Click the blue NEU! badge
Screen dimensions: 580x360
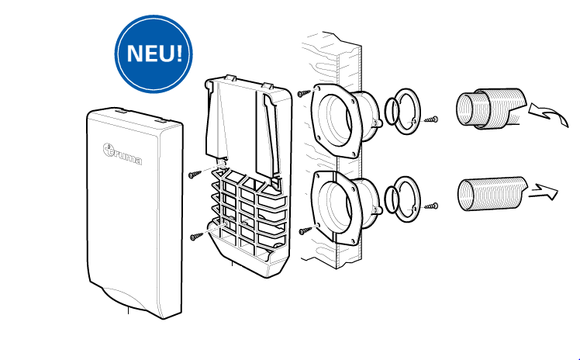click(x=154, y=54)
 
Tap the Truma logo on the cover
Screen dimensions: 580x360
click(x=122, y=154)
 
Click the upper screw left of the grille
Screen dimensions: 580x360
click(x=195, y=175)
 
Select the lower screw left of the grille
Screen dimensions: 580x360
click(x=196, y=236)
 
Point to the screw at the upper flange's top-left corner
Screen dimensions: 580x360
click(x=304, y=93)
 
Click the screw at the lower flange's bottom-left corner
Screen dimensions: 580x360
click(x=306, y=230)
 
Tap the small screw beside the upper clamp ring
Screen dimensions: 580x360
click(x=431, y=120)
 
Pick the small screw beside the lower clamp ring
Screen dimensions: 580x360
click(x=431, y=206)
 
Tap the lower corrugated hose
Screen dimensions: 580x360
click(x=492, y=194)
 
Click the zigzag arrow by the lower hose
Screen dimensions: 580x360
click(x=543, y=192)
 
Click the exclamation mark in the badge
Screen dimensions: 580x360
click(x=178, y=52)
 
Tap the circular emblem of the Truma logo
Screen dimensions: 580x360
click(x=109, y=149)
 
